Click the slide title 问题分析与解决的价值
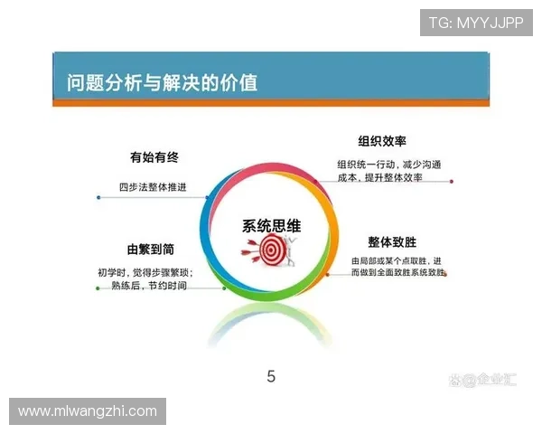(x=162, y=83)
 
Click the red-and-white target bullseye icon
(x=270, y=252)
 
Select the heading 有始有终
(x=153, y=157)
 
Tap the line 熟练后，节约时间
(x=148, y=287)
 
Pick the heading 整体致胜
(x=392, y=241)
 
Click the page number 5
(x=271, y=377)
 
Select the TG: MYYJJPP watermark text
(x=476, y=22)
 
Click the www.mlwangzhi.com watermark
(x=88, y=411)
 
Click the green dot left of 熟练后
(x=98, y=288)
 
